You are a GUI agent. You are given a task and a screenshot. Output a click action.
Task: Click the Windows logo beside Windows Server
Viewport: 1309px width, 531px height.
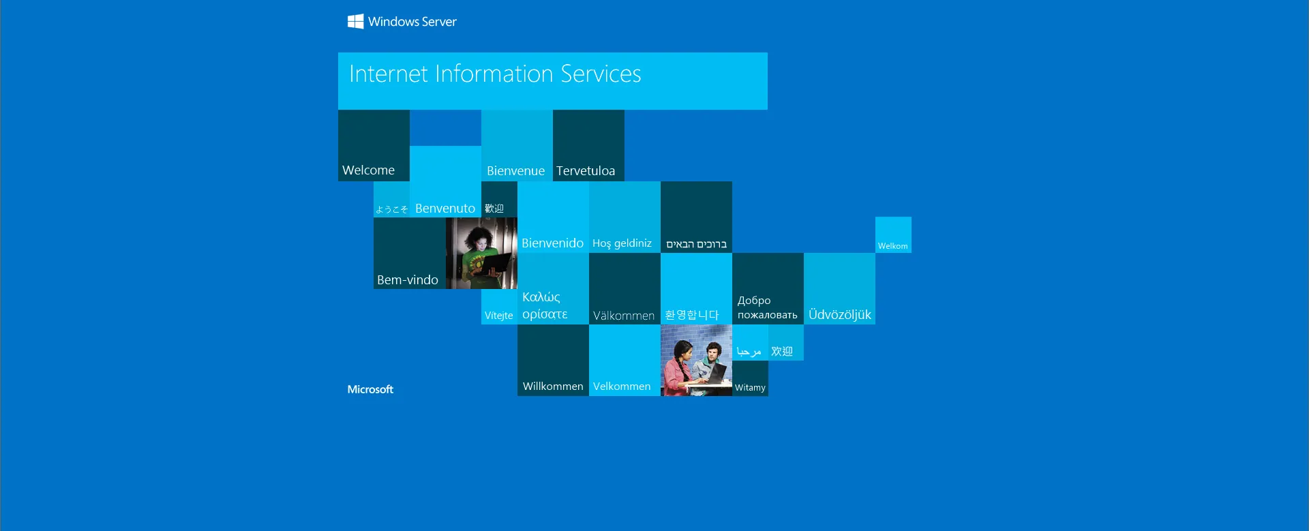pyautogui.click(x=355, y=22)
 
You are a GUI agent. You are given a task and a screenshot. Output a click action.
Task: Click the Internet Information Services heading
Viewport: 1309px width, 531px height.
pyautogui.click(x=495, y=74)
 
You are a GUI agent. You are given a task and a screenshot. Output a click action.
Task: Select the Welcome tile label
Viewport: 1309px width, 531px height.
pyautogui.click(x=368, y=170)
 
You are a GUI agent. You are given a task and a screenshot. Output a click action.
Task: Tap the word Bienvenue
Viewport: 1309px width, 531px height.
pyautogui.click(x=515, y=171)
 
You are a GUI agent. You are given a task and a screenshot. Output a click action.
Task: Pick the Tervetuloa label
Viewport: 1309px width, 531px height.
pyautogui.click(x=586, y=171)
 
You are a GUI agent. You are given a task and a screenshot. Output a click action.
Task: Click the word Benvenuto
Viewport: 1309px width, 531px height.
pyautogui.click(x=445, y=209)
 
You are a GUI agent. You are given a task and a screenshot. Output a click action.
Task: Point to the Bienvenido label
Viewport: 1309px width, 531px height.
pyautogui.click(x=552, y=243)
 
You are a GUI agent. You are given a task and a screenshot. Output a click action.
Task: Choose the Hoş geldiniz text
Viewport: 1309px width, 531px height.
pyautogui.click(x=622, y=243)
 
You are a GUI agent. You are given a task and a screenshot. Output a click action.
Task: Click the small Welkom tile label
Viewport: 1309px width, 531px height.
pyautogui.click(x=892, y=246)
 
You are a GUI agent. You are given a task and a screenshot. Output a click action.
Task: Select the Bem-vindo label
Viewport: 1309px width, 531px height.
pyautogui.click(x=408, y=280)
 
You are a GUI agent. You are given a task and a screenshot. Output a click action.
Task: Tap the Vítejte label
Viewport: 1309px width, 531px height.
pyautogui.click(x=498, y=316)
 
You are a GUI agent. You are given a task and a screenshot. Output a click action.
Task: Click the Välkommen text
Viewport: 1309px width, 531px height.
pyautogui.click(x=624, y=316)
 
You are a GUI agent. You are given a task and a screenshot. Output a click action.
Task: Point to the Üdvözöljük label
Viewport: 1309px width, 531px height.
pyautogui.click(x=840, y=314)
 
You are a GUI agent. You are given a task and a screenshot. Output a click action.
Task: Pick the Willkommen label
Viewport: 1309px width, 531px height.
pyautogui.click(x=553, y=386)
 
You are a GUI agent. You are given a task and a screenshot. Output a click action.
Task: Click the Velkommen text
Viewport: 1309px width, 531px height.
pyautogui.click(x=622, y=386)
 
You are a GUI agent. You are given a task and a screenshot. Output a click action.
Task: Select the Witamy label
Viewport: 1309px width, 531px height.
pyautogui.click(x=750, y=388)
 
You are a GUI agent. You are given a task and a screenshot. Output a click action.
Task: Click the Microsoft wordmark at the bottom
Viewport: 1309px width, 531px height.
pyautogui.click(x=370, y=389)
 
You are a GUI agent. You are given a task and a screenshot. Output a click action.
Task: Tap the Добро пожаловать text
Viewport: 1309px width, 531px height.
pyautogui.click(x=767, y=307)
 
